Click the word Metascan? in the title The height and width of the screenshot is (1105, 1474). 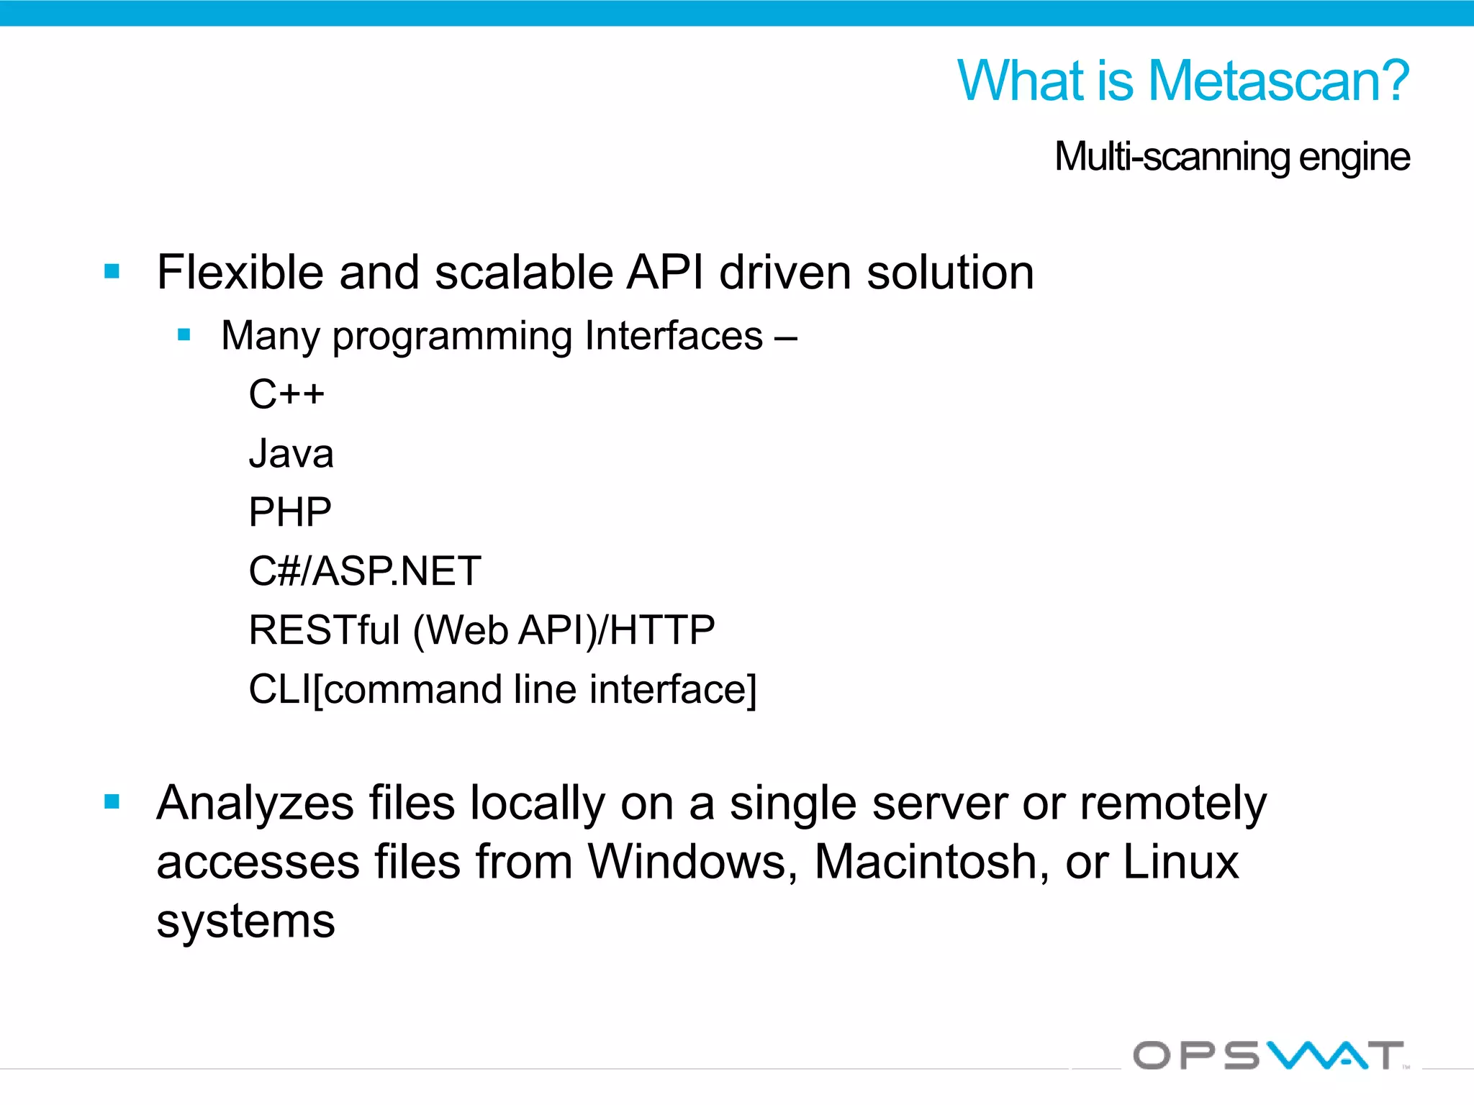pyautogui.click(x=1278, y=81)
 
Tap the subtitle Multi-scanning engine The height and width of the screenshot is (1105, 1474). pyautogui.click(x=1231, y=157)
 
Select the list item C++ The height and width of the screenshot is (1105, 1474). pyautogui.click(x=286, y=394)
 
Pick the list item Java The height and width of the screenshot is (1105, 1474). pyautogui.click(x=291, y=454)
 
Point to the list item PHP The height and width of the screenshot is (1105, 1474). pyautogui.click(x=289, y=512)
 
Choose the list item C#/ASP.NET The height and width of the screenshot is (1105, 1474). pyautogui.click(x=364, y=571)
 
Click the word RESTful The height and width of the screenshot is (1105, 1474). pyautogui.click(x=324, y=630)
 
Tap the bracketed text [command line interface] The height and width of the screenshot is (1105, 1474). pyautogui.click(x=535, y=689)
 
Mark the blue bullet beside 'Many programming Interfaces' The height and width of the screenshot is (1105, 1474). pyautogui.click(x=184, y=335)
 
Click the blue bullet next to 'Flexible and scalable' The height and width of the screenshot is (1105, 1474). pyautogui.click(x=112, y=271)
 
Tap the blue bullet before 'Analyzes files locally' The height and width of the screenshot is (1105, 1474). pyautogui.click(x=112, y=801)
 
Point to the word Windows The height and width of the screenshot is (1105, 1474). pyautogui.click(x=687, y=862)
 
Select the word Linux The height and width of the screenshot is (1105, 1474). pyautogui.click(x=1180, y=862)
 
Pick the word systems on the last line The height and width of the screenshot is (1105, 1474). pyautogui.click(x=245, y=922)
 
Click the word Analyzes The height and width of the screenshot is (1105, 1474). pyautogui.click(x=255, y=804)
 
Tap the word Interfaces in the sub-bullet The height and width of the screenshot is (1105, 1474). pyautogui.click(x=674, y=336)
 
